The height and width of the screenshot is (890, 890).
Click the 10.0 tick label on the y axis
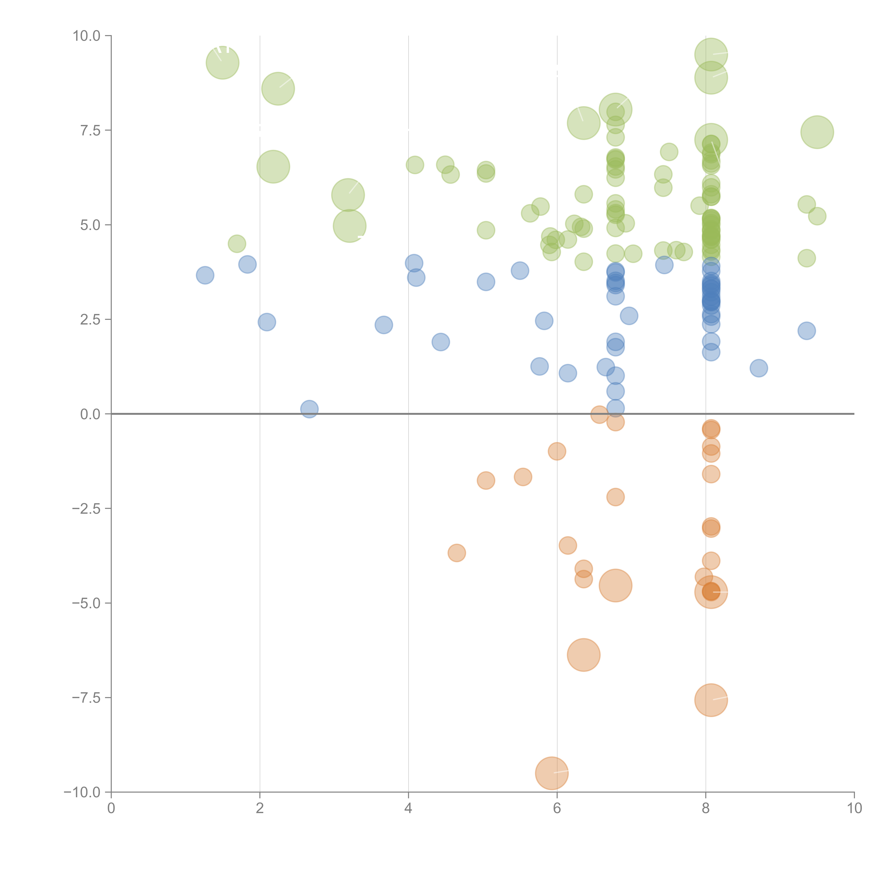87,36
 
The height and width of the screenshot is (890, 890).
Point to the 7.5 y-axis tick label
90,130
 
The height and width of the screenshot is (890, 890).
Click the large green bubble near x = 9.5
817,132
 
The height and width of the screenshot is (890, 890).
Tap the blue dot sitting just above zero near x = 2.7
310,409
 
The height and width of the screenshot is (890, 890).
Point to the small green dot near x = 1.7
237,244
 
